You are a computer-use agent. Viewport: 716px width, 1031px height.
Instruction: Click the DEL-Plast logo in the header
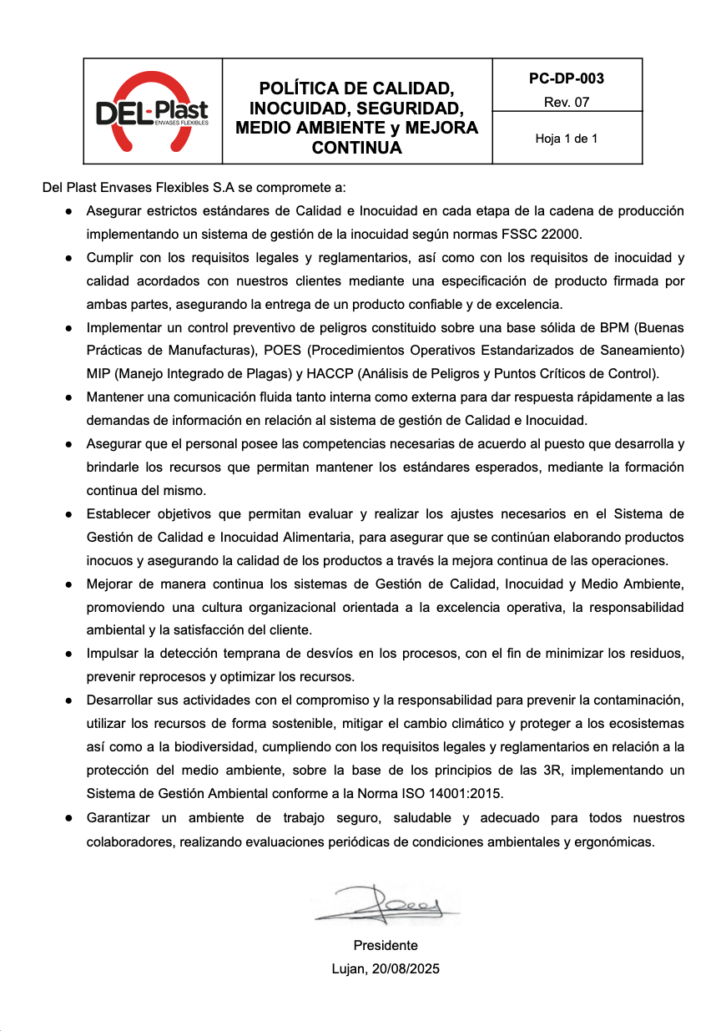(152, 111)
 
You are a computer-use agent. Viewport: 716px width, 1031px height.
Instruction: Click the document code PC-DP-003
(567, 79)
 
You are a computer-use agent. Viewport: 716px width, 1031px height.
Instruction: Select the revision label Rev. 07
(567, 103)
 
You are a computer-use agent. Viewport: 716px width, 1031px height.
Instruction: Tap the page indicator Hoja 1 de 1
(567, 139)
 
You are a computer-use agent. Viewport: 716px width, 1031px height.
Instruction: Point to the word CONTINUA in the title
(356, 149)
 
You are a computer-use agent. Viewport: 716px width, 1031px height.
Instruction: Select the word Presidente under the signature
(386, 946)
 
